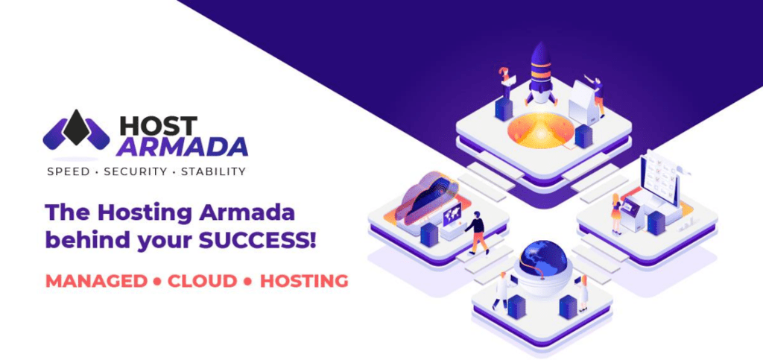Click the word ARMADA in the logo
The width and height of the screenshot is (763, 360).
point(182,147)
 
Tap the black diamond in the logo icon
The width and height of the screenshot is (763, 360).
point(76,127)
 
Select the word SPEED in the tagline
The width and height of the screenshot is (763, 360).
point(68,171)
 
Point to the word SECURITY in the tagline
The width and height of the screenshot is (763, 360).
point(136,171)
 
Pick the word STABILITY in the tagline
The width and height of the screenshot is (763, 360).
point(213,171)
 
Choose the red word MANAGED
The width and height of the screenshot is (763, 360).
point(96,281)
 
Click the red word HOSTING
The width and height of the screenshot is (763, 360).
point(304,281)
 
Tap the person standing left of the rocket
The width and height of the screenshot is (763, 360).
point(504,82)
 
